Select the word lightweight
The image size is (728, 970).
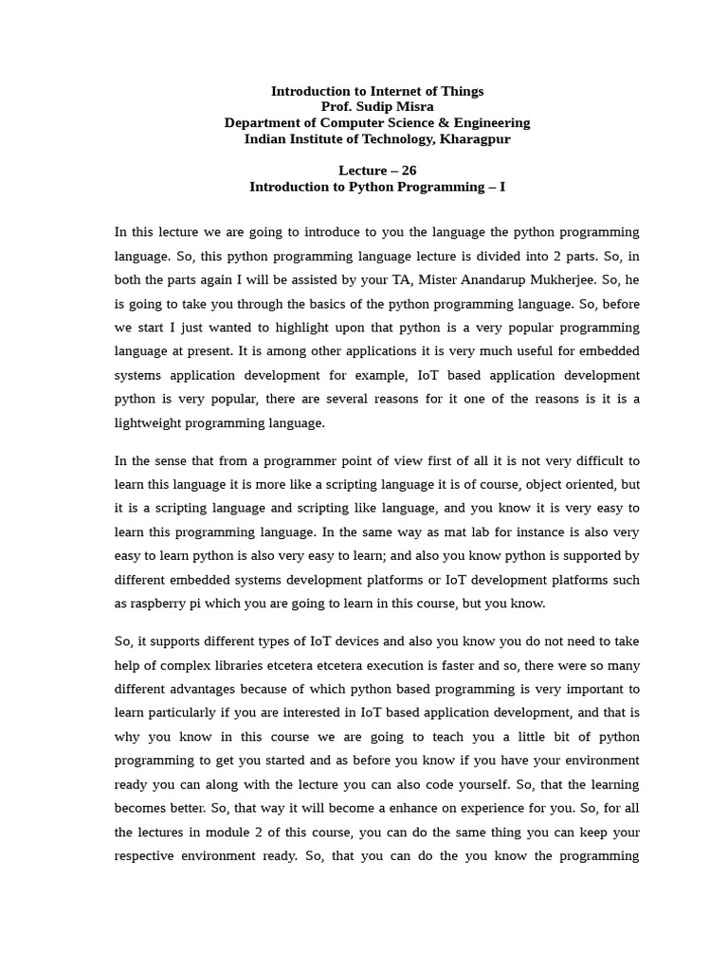tap(155, 422)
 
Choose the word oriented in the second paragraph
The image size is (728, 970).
tap(577, 484)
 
